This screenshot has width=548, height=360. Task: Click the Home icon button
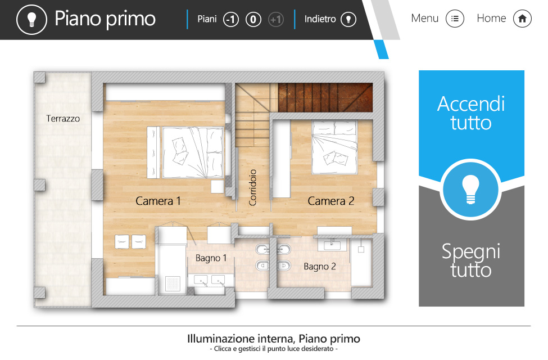point(522,19)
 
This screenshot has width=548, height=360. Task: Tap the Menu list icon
point(455,19)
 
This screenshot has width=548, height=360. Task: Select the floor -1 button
point(230,20)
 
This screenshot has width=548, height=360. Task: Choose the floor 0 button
point(253,20)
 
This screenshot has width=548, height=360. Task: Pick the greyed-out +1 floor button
point(276,20)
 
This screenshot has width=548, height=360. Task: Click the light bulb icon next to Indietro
point(348,20)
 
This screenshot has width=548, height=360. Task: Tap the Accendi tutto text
point(471,113)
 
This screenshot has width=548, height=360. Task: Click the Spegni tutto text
point(471,260)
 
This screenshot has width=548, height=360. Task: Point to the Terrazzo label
point(63,119)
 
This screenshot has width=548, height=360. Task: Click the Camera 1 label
point(158,201)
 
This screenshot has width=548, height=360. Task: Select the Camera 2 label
point(331,201)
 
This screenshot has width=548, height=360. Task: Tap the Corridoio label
point(252,187)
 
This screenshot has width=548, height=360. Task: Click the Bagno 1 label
point(211,258)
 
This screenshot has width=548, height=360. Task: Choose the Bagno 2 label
point(320,267)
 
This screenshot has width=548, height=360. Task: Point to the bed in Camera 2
point(335,147)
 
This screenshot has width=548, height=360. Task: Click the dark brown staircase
point(325,98)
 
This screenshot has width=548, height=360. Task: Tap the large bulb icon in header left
point(31,19)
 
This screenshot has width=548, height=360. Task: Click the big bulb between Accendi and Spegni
point(470,189)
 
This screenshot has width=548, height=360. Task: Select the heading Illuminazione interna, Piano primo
point(274,339)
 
